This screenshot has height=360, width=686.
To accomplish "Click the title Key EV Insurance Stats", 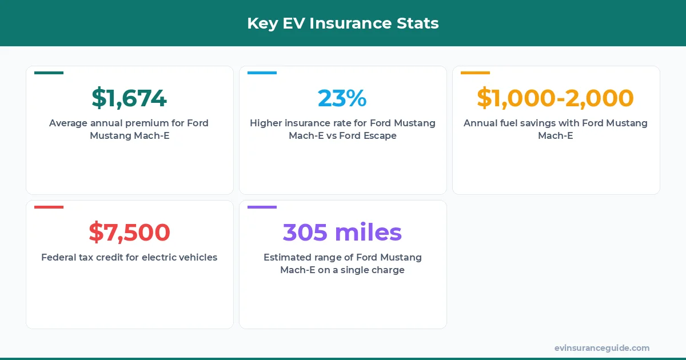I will (x=343, y=23).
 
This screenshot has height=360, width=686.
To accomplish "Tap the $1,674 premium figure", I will (x=129, y=98).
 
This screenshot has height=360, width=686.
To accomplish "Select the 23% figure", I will (x=342, y=98).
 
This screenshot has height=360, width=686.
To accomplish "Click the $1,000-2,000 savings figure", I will (x=556, y=98).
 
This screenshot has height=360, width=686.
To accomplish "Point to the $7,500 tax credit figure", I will (x=129, y=233).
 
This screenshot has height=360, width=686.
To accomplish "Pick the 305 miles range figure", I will (x=342, y=233).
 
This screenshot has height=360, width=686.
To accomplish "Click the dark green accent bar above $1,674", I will (x=49, y=73).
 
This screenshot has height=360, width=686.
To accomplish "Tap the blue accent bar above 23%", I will (x=262, y=73).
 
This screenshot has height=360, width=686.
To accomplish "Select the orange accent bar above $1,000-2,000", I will (x=475, y=73).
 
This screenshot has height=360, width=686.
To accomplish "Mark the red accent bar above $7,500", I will (x=49, y=207).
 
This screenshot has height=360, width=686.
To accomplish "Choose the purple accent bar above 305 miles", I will (x=262, y=207).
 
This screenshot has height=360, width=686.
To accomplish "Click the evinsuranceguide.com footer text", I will (x=602, y=348).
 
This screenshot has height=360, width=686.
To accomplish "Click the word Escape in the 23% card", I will (x=380, y=136).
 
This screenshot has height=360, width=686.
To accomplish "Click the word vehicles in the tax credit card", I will (x=197, y=257).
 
